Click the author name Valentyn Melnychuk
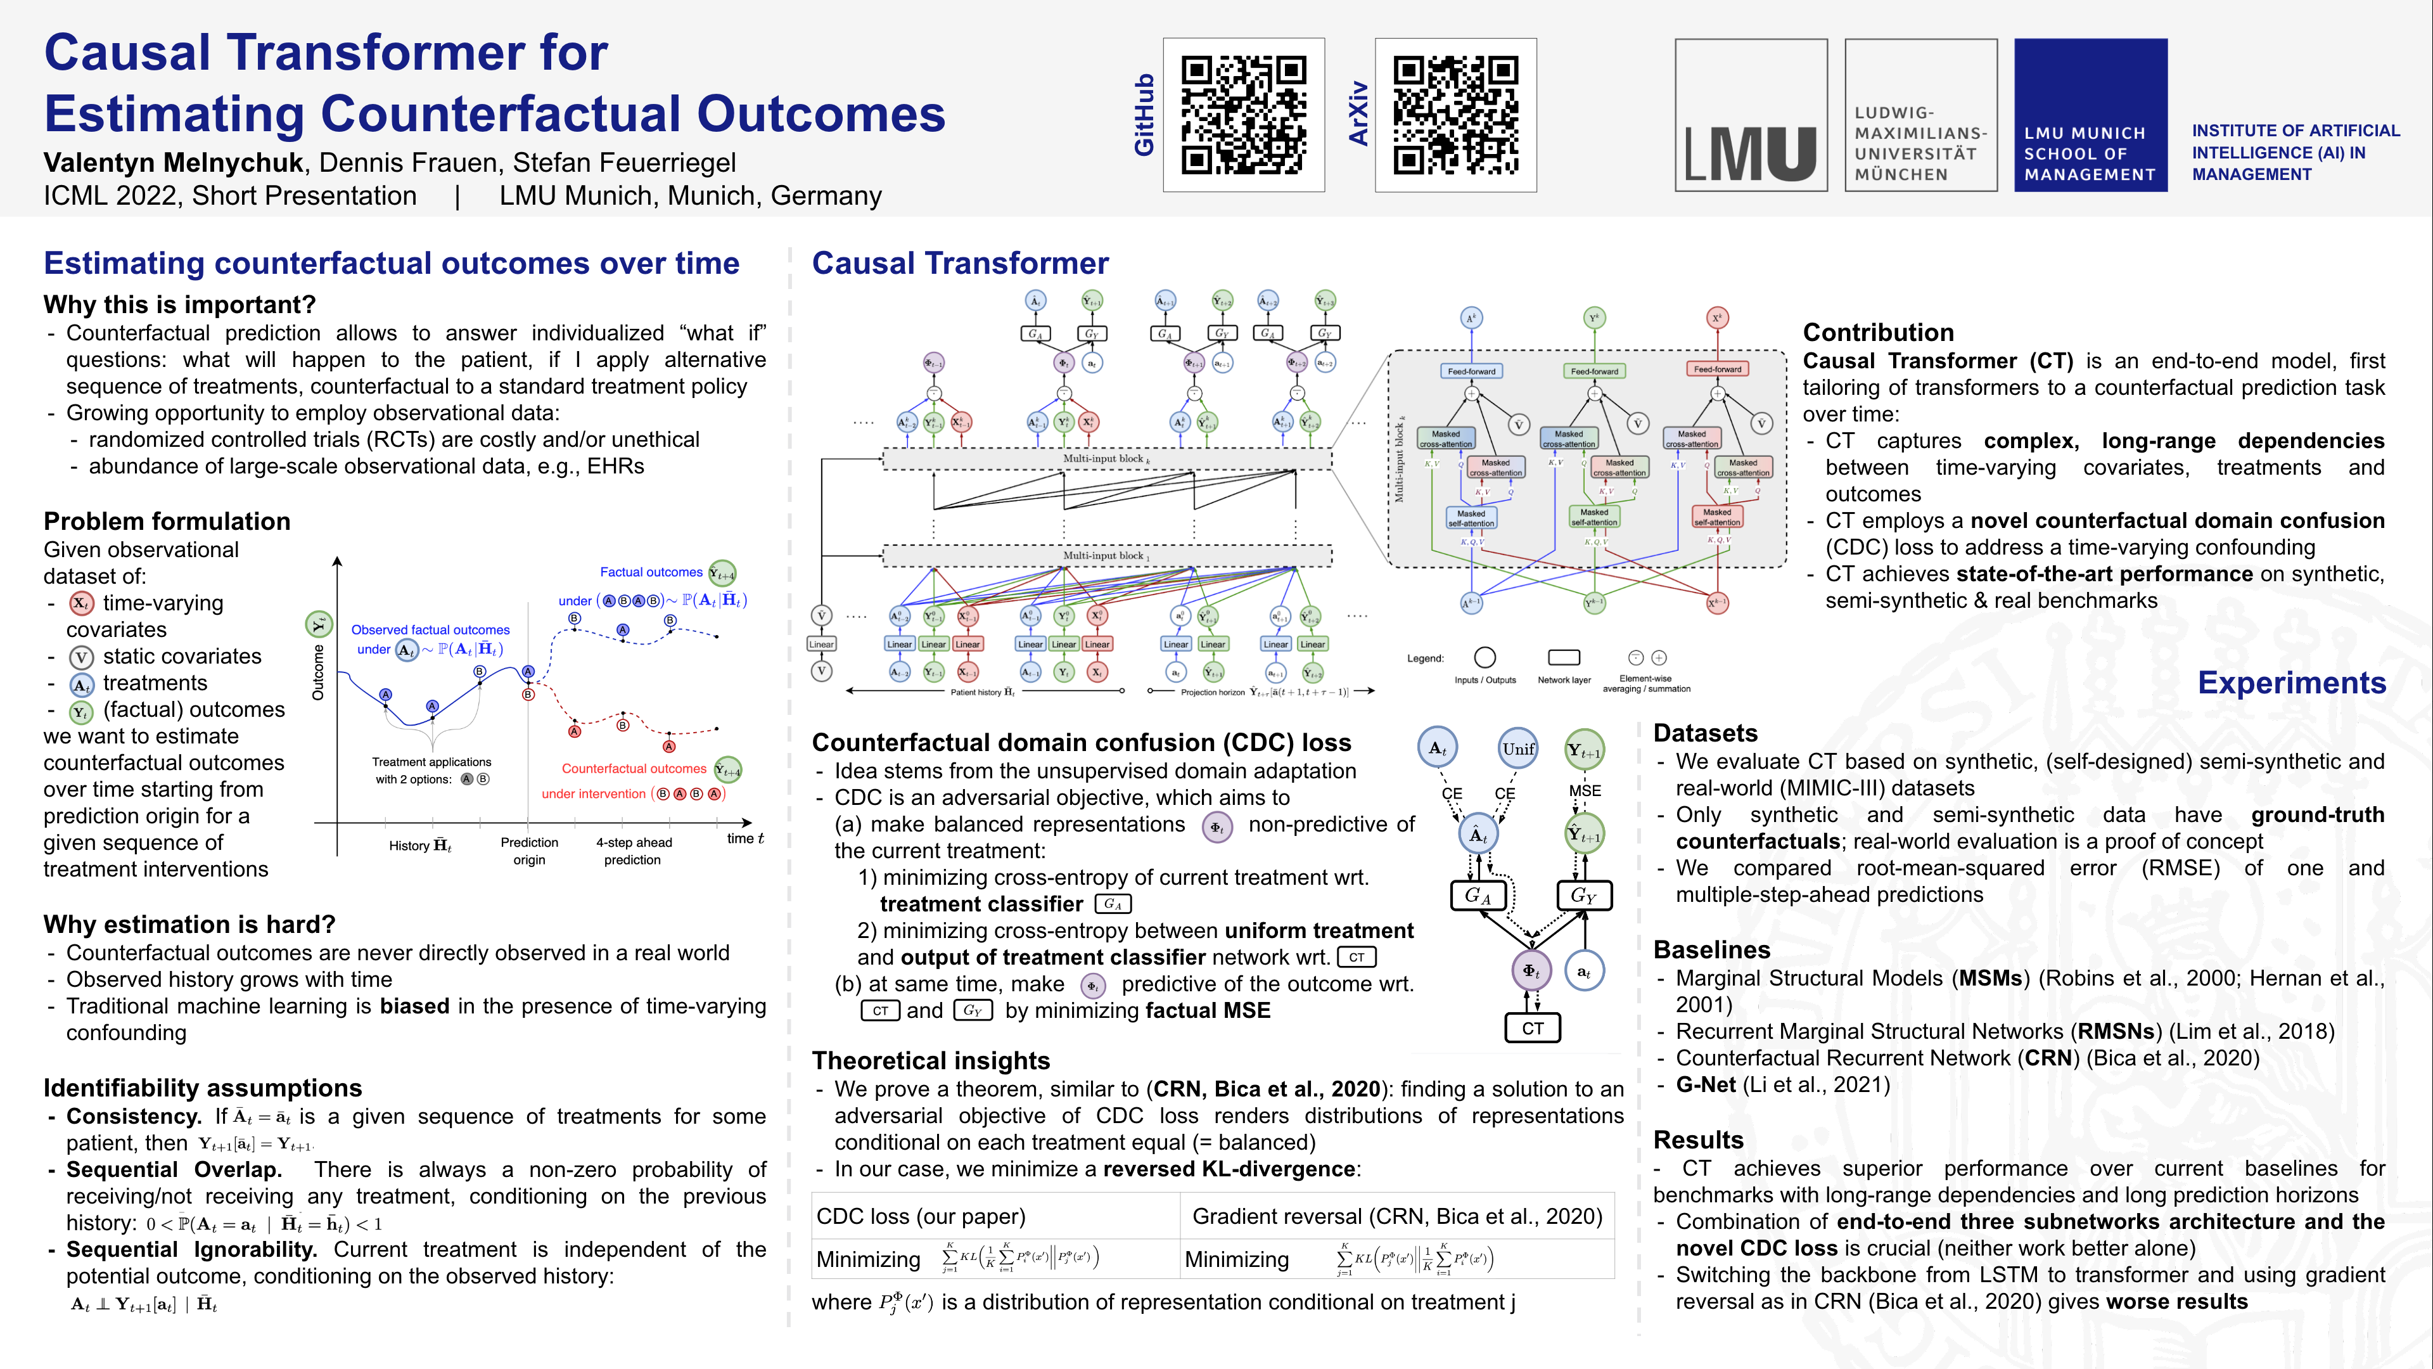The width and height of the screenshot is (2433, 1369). [174, 162]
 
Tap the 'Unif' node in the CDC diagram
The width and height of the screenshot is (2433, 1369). [1518, 749]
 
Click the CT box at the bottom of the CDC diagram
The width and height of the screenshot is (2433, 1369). [1532, 1028]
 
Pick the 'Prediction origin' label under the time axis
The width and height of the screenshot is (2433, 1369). [529, 851]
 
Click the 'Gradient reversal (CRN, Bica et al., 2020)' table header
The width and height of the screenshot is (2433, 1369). [1397, 1216]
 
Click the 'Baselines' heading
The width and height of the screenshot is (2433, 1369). [1711, 949]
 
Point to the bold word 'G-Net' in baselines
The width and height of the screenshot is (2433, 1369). [1706, 1084]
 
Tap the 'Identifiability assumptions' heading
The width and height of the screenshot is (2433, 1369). [202, 1088]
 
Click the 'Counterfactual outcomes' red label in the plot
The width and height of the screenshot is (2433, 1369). [634, 768]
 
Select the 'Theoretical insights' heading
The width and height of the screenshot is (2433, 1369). [930, 1060]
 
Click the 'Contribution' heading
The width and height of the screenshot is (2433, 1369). [1877, 333]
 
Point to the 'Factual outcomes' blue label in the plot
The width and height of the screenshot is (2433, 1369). [651, 572]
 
